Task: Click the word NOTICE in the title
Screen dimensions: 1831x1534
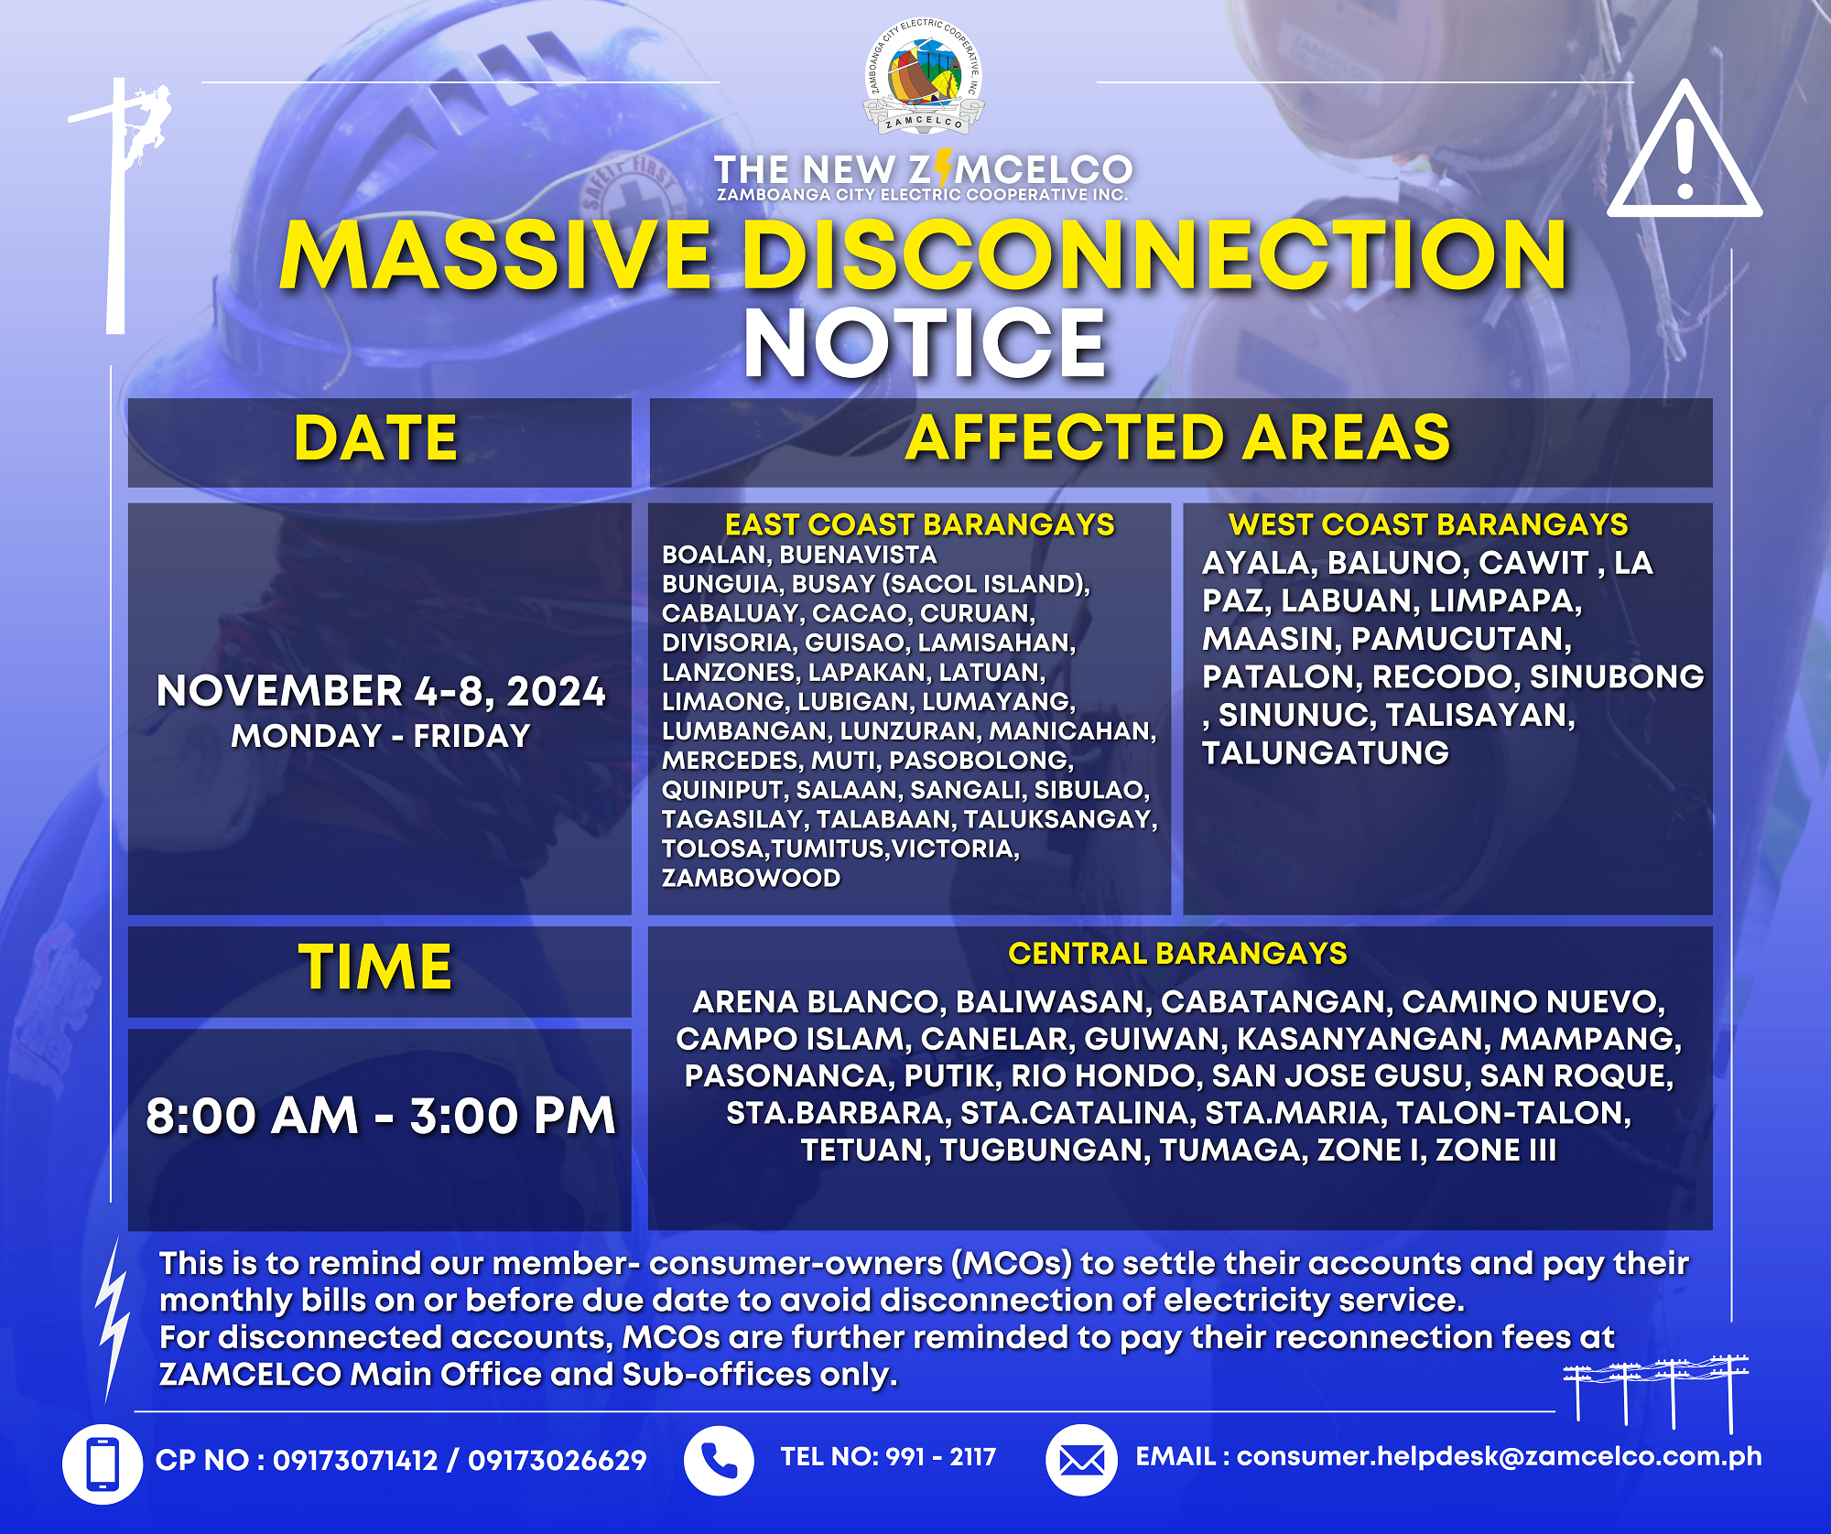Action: point(925,342)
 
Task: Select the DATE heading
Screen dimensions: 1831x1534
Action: point(375,438)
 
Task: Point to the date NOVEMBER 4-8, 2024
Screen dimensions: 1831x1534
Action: point(381,691)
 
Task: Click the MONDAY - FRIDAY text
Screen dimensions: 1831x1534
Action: point(381,736)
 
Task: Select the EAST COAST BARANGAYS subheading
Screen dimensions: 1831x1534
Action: point(919,524)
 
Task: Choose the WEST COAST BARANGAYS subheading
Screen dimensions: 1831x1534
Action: point(1428,524)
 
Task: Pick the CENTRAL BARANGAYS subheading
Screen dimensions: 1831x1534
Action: point(1177,954)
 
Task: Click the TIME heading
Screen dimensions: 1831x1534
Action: point(375,967)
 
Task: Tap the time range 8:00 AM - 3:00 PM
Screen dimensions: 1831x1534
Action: point(381,1116)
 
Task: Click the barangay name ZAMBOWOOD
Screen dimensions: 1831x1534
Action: point(751,878)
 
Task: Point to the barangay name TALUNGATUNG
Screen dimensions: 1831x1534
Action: point(1326,753)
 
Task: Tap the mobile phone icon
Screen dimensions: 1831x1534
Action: point(102,1464)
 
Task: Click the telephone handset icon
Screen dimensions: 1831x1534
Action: point(719,1461)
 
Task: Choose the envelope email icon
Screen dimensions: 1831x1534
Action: point(1081,1461)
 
